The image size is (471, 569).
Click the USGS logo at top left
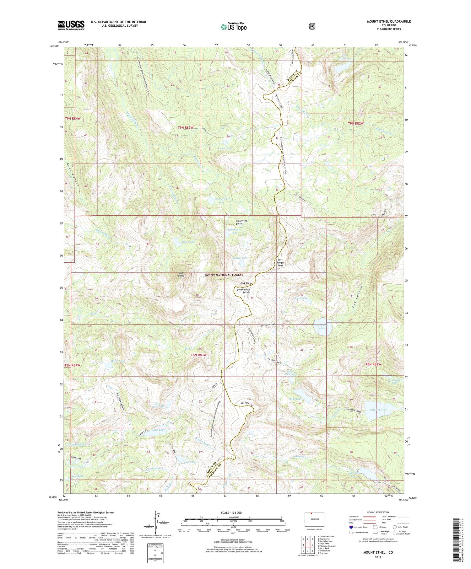coord(71,25)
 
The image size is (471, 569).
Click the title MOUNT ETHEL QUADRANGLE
coord(389,21)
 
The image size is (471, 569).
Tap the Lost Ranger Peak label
coord(280,262)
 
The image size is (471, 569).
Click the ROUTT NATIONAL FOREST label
coord(224,275)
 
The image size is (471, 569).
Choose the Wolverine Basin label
coord(241,222)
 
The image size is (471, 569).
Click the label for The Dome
coord(181,274)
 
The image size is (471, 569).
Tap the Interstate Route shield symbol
coord(351,527)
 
